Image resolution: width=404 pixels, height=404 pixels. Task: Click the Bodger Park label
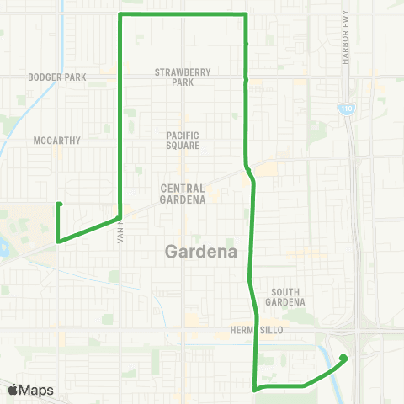pyautogui.click(x=57, y=77)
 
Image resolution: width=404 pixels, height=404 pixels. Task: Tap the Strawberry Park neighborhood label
pyautogui.click(x=183, y=77)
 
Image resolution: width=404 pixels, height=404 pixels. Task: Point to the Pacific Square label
pyautogui.click(x=183, y=140)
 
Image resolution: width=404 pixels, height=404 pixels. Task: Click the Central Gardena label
pyautogui.click(x=183, y=194)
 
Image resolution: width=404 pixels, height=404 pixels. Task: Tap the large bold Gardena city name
pyautogui.click(x=201, y=251)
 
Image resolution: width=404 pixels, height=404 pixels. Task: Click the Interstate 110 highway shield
pyautogui.click(x=346, y=109)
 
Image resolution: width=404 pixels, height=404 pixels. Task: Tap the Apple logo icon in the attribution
pyautogui.click(x=13, y=390)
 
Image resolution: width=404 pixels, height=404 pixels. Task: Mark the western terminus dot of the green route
pyautogui.click(x=59, y=204)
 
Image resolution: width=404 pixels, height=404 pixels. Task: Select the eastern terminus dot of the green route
pyautogui.click(x=343, y=358)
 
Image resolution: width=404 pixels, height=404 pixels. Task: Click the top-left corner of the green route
pyautogui.click(x=121, y=15)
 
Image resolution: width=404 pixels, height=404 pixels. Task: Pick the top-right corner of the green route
pyautogui.click(x=245, y=15)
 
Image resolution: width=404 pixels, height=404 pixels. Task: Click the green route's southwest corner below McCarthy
pyautogui.click(x=58, y=242)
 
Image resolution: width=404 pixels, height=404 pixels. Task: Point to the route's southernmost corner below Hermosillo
pyautogui.click(x=255, y=389)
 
